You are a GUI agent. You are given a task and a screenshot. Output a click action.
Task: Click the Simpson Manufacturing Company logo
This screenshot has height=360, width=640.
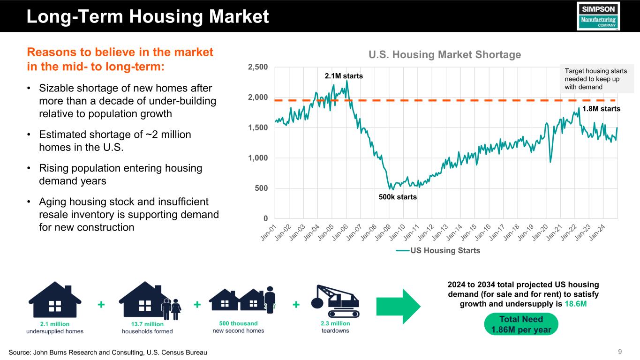click(598, 16)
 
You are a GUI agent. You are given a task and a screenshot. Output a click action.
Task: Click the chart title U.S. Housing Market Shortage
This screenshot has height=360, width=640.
click(444, 55)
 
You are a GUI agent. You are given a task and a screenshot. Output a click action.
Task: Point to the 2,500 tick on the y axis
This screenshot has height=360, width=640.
click(258, 67)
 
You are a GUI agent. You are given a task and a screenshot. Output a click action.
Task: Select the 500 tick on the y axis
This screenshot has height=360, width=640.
click(262, 188)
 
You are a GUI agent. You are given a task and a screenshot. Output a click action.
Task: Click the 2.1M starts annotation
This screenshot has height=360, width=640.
click(344, 75)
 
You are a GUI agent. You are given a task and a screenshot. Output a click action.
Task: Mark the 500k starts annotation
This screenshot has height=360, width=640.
click(398, 197)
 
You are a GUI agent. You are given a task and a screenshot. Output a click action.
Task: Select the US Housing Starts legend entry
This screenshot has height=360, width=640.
click(438, 250)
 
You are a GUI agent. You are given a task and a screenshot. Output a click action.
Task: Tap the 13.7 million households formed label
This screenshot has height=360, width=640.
click(147, 327)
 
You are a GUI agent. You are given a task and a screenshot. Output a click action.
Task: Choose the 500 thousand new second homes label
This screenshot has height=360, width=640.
click(238, 327)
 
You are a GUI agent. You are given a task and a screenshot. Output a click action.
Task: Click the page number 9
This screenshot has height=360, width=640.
click(620, 352)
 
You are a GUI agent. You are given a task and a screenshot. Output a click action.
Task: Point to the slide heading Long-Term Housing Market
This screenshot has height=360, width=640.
click(148, 17)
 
